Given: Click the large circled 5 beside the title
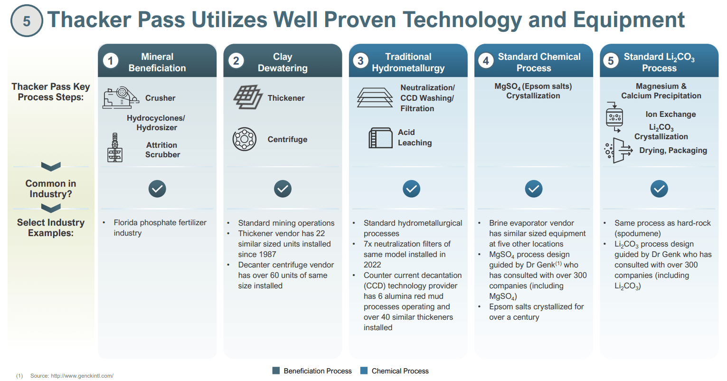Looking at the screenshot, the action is (x=27, y=20).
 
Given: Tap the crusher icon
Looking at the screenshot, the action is (x=121, y=97).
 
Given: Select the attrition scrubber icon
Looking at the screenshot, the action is (x=115, y=147).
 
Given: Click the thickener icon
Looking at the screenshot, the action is (x=248, y=97).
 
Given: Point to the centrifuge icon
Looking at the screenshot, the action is (x=245, y=139).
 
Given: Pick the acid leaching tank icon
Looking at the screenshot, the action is (x=380, y=138).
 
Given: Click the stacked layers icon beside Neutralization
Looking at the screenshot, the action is (x=375, y=97).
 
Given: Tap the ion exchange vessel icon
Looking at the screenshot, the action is (x=614, y=117).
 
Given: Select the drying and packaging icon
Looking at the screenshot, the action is (x=618, y=151).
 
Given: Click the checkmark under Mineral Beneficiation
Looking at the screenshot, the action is (x=157, y=189).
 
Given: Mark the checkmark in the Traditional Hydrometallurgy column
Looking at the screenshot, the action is (x=411, y=189).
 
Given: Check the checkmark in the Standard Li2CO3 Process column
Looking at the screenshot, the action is (x=659, y=189).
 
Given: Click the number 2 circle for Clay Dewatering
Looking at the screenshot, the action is (x=236, y=61).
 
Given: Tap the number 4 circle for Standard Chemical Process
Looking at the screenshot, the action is (x=485, y=61).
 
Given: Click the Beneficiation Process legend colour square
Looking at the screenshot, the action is (x=276, y=371).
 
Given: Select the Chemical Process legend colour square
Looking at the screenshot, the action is (x=364, y=371).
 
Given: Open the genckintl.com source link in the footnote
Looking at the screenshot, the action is (x=82, y=376).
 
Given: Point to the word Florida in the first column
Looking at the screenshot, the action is (x=125, y=222).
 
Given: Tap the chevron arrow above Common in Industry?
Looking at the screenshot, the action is (x=51, y=166).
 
